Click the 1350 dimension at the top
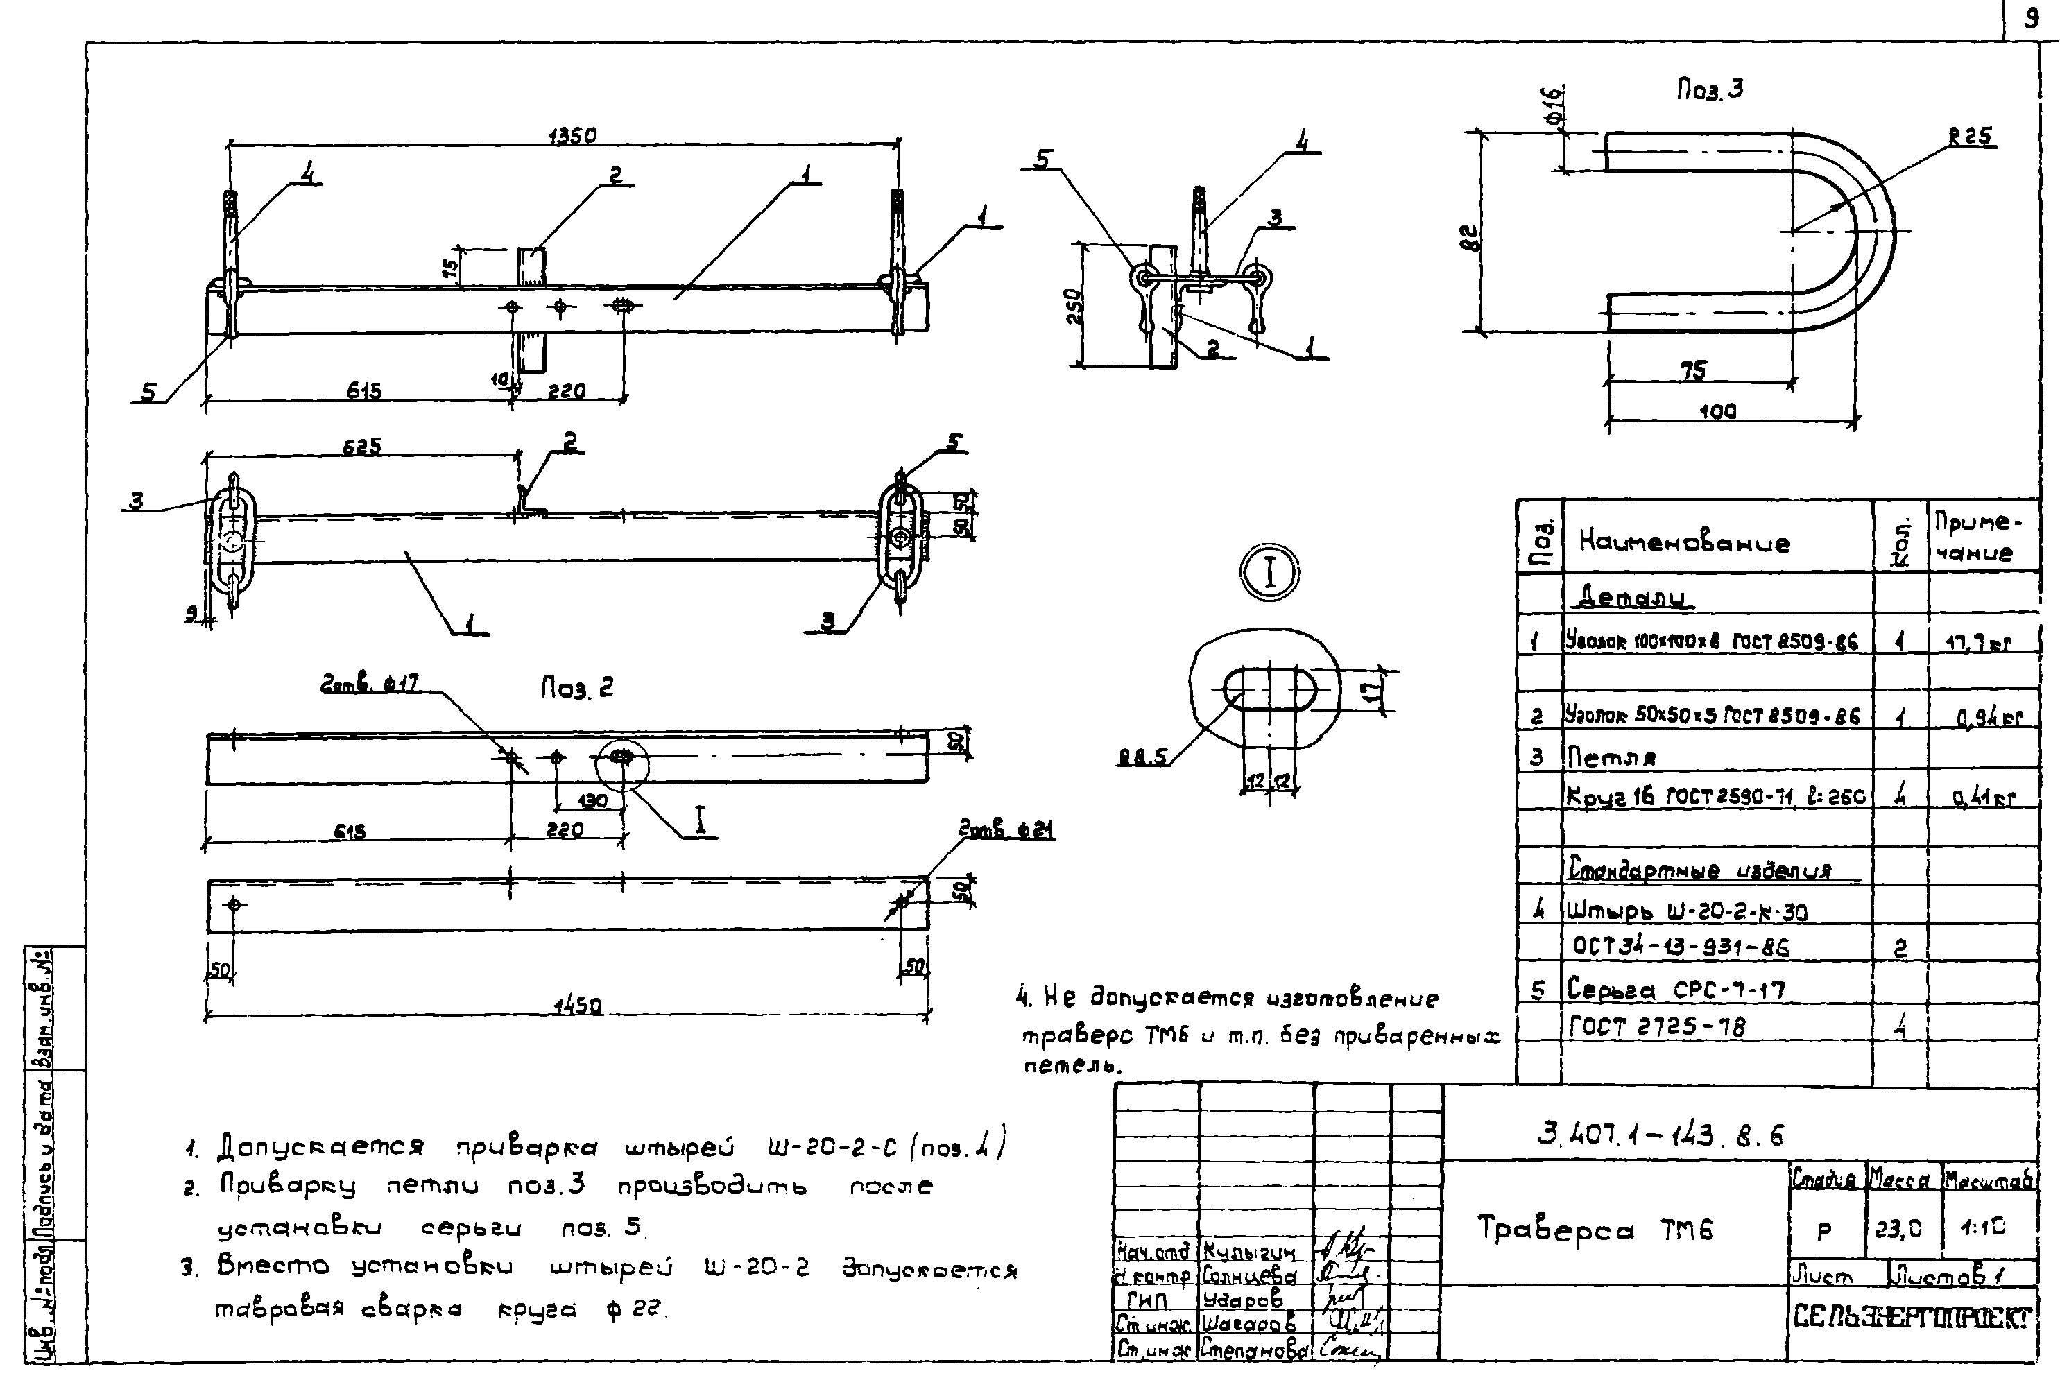pyautogui.click(x=572, y=135)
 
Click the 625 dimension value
pyautogui.click(x=363, y=447)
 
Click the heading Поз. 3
pyautogui.click(x=1710, y=89)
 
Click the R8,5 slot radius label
pyautogui.click(x=1143, y=757)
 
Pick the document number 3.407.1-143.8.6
pyautogui.click(x=1660, y=1134)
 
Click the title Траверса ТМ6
pyautogui.click(x=1595, y=1230)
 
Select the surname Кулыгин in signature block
pyautogui.click(x=1249, y=1252)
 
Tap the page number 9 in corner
pyautogui.click(x=2032, y=19)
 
